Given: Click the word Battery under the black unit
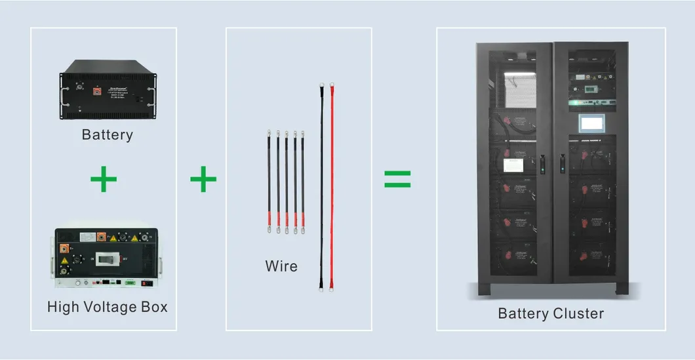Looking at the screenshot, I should pyautogui.click(x=107, y=135).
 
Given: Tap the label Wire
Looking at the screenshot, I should pyautogui.click(x=281, y=266).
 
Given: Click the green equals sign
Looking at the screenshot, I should pyautogui.click(x=397, y=179).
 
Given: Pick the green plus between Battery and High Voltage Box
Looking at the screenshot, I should pyautogui.click(x=104, y=180).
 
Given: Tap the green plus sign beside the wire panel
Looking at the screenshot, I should pyautogui.click(x=203, y=179).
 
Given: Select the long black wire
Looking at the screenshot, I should pyautogui.click(x=321, y=184).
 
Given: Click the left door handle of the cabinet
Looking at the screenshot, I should pyautogui.click(x=543, y=163).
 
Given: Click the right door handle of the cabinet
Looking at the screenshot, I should pyautogui.click(x=562, y=163).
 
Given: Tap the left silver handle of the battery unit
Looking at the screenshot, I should pyautogui.click(x=64, y=96).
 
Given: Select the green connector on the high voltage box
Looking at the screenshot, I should pyautogui.click(x=130, y=283).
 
